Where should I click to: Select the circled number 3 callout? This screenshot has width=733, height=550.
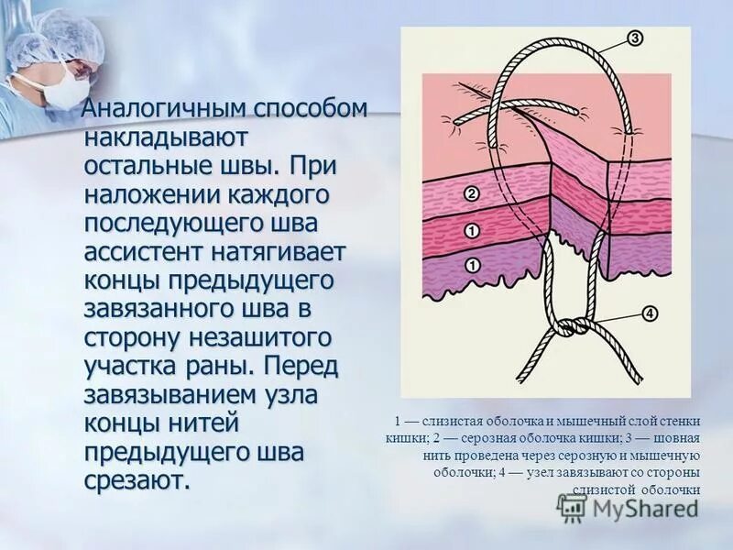click(636, 38)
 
